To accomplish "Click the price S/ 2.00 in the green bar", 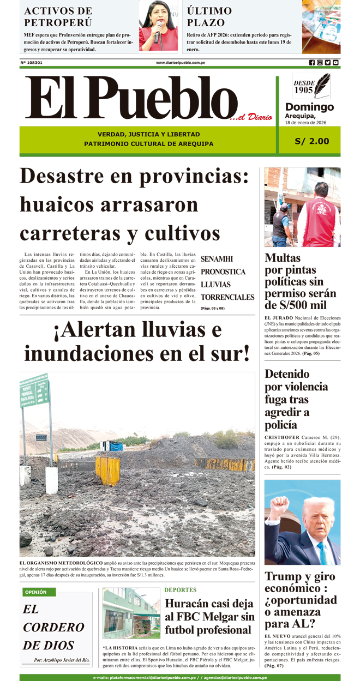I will (x=311, y=141).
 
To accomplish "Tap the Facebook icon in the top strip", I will (x=312, y=63).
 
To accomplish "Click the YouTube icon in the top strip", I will (x=335, y=63).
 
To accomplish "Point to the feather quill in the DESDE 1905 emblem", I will (x=324, y=84).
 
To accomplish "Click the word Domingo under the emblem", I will (x=309, y=107).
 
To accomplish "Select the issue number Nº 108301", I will (x=31, y=63).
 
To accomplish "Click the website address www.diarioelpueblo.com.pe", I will (x=180, y=63).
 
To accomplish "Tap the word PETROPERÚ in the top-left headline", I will (x=58, y=22).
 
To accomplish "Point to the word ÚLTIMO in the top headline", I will (x=209, y=10).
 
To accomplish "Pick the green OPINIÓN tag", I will (x=36, y=592).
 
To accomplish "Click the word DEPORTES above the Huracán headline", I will (x=180, y=590).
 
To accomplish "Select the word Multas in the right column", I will (x=283, y=258).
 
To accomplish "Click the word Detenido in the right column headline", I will (x=287, y=374).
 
